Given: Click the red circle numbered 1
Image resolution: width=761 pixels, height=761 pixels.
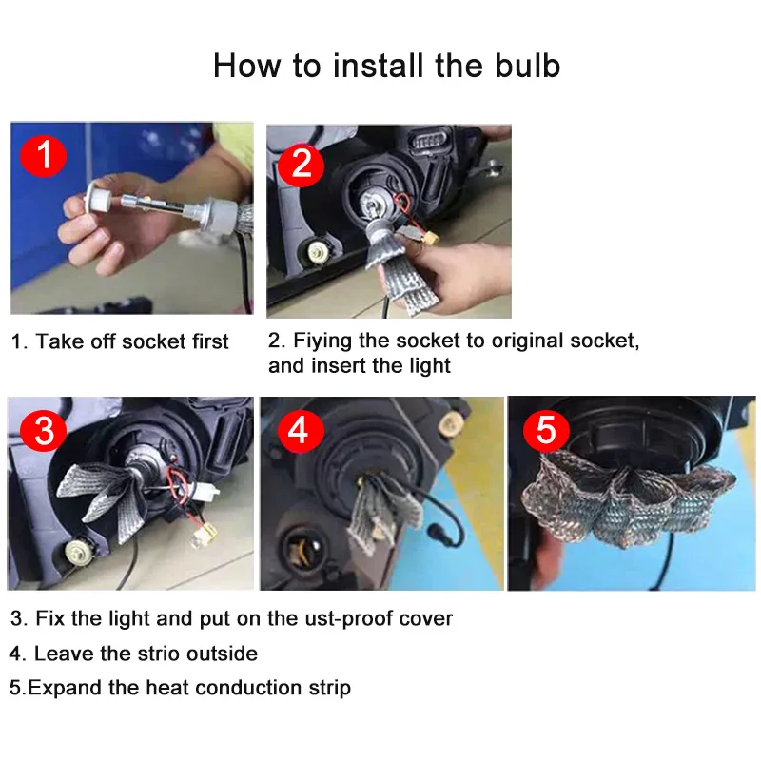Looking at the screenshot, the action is coord(43,155).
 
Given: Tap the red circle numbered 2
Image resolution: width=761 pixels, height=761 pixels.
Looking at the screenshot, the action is coord(301,163).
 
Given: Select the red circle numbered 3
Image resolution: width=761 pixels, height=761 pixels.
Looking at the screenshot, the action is coord(43,429).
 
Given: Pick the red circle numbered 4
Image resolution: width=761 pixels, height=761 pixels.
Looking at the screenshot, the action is coord(301,430).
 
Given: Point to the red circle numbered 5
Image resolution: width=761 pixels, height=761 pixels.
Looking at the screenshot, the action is coord(546,430).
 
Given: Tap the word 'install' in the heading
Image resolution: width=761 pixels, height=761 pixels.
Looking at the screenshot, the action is coord(378,65).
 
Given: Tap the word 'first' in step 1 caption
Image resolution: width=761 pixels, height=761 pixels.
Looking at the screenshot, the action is coord(210,341).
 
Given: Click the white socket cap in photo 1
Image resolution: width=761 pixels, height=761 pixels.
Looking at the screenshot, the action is coord(98,199).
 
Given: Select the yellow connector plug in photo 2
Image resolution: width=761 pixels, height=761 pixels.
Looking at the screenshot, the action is coord(430,240).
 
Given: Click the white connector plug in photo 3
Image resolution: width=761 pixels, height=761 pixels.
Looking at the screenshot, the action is coord(206,491).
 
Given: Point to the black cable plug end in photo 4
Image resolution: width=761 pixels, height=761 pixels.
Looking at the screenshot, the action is coord(434,532).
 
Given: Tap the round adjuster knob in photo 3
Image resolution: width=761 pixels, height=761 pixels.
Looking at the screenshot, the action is coord(78,552).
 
